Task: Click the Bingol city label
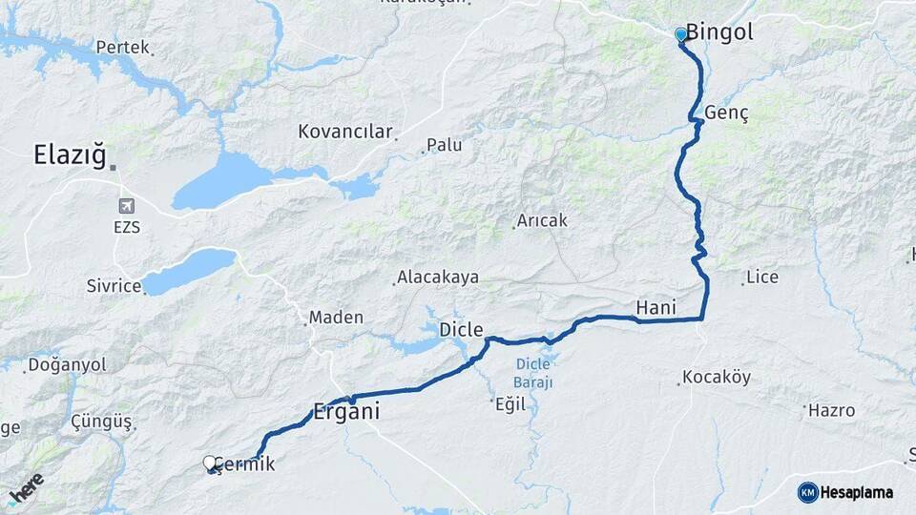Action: (719, 31)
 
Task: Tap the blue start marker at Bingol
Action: (680, 34)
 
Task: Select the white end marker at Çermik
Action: (210, 463)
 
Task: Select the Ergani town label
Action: (347, 413)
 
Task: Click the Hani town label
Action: (656, 306)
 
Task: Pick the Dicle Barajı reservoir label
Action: (534, 372)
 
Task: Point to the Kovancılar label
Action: (344, 132)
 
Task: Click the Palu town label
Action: (444, 145)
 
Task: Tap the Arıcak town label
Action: (541, 220)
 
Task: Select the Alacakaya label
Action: (438, 278)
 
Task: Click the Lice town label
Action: (762, 278)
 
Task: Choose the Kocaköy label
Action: (718, 377)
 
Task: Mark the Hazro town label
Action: (831, 411)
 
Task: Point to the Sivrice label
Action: (114, 284)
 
